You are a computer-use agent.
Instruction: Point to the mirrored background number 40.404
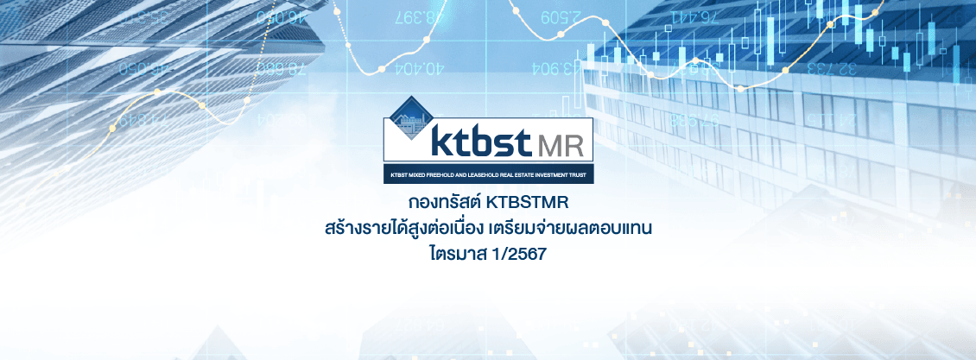419,66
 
